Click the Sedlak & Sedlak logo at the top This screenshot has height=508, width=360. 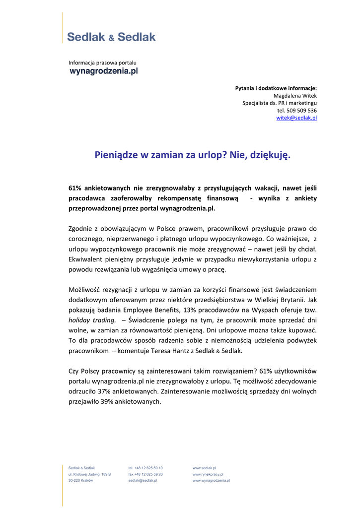click(x=111, y=37)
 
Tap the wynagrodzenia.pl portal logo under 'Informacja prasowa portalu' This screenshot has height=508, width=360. click(x=103, y=71)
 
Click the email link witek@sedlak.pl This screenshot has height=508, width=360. click(x=296, y=118)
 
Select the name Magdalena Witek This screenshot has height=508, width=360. click(x=295, y=95)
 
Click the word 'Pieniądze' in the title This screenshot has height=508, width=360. click(x=117, y=155)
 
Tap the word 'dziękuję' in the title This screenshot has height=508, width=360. click(x=270, y=155)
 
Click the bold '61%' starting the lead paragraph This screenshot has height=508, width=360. click(x=75, y=188)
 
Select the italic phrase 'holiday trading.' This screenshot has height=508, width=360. click(x=92, y=320)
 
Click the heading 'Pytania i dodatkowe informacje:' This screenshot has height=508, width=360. click(x=276, y=88)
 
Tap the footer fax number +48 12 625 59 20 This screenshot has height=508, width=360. click(x=145, y=474)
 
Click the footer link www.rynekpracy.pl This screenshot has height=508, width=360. click(x=208, y=474)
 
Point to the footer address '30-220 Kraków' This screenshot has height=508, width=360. click(x=80, y=481)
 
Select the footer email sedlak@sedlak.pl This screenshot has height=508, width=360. click(x=143, y=481)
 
